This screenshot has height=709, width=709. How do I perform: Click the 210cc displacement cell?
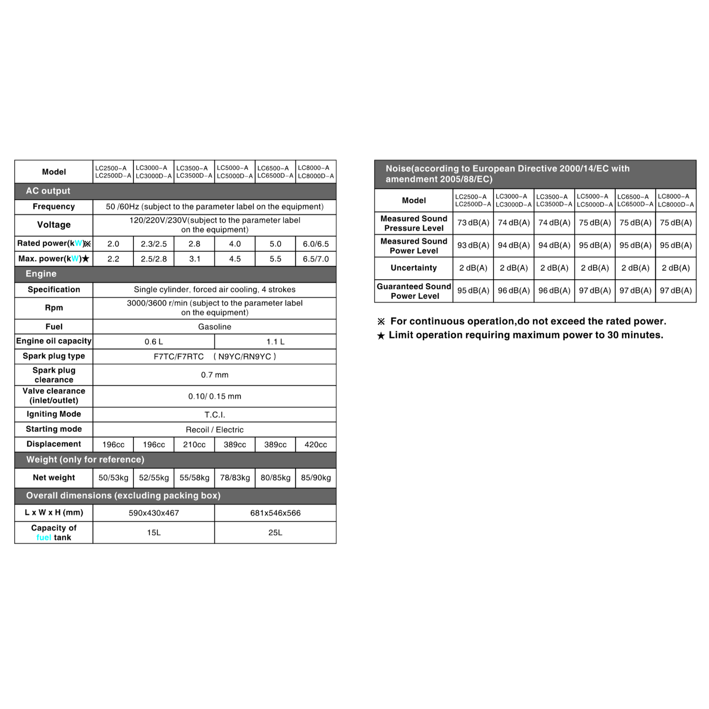194,445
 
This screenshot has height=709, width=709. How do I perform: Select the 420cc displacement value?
315,445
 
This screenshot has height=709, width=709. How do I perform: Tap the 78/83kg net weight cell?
235,478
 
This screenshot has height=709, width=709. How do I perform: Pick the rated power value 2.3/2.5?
154,244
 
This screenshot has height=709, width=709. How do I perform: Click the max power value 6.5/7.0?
315,259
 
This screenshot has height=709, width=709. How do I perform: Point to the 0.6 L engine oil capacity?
154,342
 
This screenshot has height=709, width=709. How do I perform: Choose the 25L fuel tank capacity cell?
275,533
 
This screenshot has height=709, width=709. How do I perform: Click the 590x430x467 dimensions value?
154,513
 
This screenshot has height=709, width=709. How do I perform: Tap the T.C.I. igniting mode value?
214,415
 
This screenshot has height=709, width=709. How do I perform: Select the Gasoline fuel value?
214,327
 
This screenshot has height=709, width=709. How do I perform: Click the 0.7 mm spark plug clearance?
214,375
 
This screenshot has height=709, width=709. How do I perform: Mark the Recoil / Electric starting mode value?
214,430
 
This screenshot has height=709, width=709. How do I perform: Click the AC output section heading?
48,191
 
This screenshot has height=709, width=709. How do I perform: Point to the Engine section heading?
41,274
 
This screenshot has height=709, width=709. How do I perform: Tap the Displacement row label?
53,444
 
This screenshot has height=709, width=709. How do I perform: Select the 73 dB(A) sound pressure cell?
473,223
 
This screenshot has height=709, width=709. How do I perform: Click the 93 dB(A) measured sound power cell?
473,245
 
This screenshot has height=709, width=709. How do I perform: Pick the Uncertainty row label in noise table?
414,268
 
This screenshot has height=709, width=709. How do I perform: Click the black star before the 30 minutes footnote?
381,336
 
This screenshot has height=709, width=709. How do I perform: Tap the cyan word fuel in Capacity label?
44,538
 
